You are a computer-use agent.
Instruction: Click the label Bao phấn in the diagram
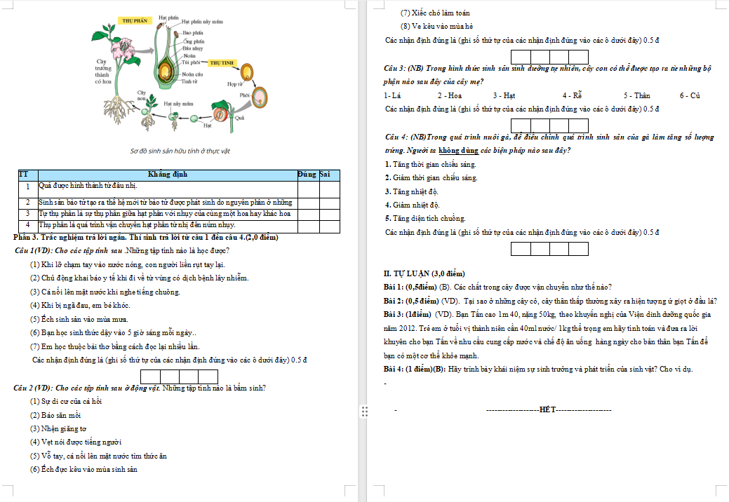[193, 32]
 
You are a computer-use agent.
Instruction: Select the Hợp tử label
[235, 83]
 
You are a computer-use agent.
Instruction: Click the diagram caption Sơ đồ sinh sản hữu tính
[180, 151]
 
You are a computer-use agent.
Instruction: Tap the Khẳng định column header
[167, 174]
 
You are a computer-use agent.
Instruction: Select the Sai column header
[325, 174]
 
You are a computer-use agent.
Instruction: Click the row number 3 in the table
[27, 213]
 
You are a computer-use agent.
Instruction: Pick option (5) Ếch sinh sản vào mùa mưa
[79, 319]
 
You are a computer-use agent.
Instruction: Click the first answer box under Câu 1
[150, 376]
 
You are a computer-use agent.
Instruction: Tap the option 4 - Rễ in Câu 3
[572, 95]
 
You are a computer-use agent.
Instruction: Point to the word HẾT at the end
[548, 409]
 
